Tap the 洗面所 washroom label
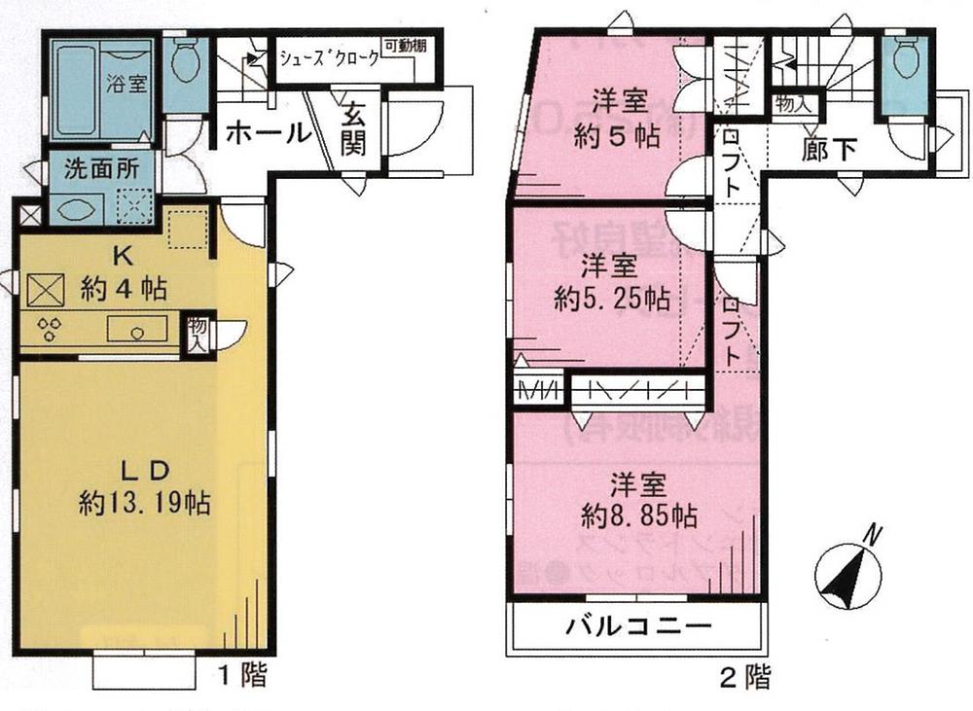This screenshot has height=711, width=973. (x=102, y=167)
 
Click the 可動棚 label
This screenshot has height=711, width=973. (x=404, y=47)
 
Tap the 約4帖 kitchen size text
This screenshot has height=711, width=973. (x=125, y=288)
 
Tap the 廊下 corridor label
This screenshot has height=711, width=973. (x=830, y=151)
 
